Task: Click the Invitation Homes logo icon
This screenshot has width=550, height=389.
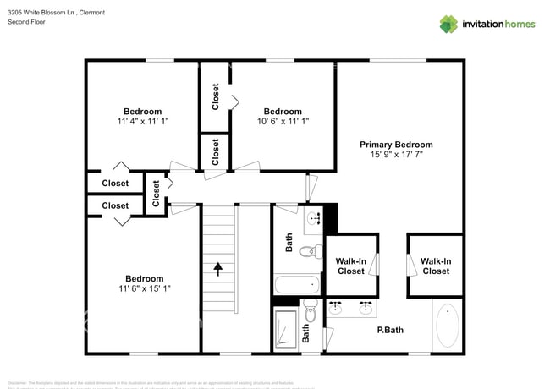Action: click(448, 24)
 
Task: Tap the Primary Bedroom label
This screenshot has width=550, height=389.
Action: click(396, 145)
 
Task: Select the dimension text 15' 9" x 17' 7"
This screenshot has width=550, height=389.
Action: click(396, 156)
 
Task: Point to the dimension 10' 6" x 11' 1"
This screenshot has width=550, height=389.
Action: click(282, 122)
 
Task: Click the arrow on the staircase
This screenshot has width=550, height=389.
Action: click(218, 269)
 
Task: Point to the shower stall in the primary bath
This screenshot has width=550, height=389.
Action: click(287, 330)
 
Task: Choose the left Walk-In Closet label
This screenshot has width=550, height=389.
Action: click(351, 266)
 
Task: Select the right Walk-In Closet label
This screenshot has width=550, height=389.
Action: click(436, 266)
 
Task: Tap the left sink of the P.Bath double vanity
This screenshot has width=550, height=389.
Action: click(336, 306)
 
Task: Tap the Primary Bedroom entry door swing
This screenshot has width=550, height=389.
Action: click(312, 187)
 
